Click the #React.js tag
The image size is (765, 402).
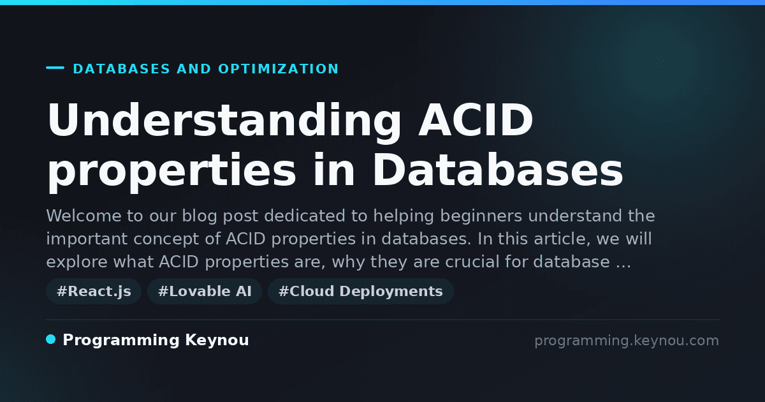tap(94, 292)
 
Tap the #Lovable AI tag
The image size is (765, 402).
tap(205, 292)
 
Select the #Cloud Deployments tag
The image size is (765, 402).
tap(361, 292)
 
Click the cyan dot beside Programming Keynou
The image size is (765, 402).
tap(51, 339)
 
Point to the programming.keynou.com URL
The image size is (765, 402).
tap(627, 341)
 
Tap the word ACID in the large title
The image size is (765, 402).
tap(476, 120)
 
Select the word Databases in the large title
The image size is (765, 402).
tap(498, 170)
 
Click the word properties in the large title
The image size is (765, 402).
tap(171, 173)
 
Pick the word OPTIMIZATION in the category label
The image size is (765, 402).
tap(278, 69)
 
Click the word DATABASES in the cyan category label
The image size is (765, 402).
tap(122, 69)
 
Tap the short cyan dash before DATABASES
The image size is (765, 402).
tap(55, 68)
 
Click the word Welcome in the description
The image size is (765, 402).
tap(84, 216)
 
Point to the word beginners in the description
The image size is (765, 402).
tap(481, 217)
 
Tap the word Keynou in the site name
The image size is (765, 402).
tap(217, 340)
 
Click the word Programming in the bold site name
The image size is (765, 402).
tap(121, 341)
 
